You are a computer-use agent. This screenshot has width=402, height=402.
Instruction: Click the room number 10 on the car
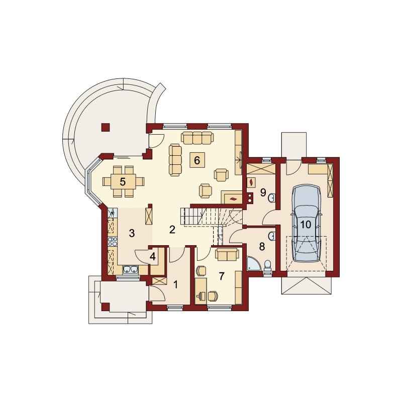[x=306, y=225]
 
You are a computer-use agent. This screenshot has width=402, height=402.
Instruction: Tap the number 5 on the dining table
[x=123, y=182]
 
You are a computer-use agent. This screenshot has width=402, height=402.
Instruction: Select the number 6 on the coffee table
[x=197, y=160]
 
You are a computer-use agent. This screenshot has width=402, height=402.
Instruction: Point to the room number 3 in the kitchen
[x=132, y=233]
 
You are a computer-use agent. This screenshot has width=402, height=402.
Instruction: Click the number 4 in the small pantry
[x=153, y=257]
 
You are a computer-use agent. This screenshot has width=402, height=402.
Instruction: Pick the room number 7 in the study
[x=222, y=276]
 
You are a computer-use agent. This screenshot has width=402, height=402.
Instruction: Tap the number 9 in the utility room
[x=263, y=192]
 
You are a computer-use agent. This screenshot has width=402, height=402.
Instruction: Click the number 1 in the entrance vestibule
[x=175, y=284]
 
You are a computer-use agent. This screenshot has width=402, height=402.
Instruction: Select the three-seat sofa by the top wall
[x=197, y=137]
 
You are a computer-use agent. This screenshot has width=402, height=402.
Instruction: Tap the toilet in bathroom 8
[x=267, y=266]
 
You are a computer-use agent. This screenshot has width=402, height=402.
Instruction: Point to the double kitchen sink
[x=131, y=270]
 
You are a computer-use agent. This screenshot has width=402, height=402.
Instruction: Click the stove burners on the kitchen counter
[x=113, y=242]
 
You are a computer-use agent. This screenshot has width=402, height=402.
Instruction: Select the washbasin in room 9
[x=272, y=197]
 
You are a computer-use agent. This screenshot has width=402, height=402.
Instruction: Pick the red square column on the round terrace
[x=106, y=127]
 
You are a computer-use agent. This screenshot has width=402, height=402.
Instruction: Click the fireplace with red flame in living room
[x=232, y=198]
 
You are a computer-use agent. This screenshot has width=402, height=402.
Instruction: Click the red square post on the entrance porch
[x=106, y=307]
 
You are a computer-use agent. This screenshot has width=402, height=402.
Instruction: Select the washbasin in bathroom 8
[x=272, y=236]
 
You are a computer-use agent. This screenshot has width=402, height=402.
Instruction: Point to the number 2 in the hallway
[x=172, y=230]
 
